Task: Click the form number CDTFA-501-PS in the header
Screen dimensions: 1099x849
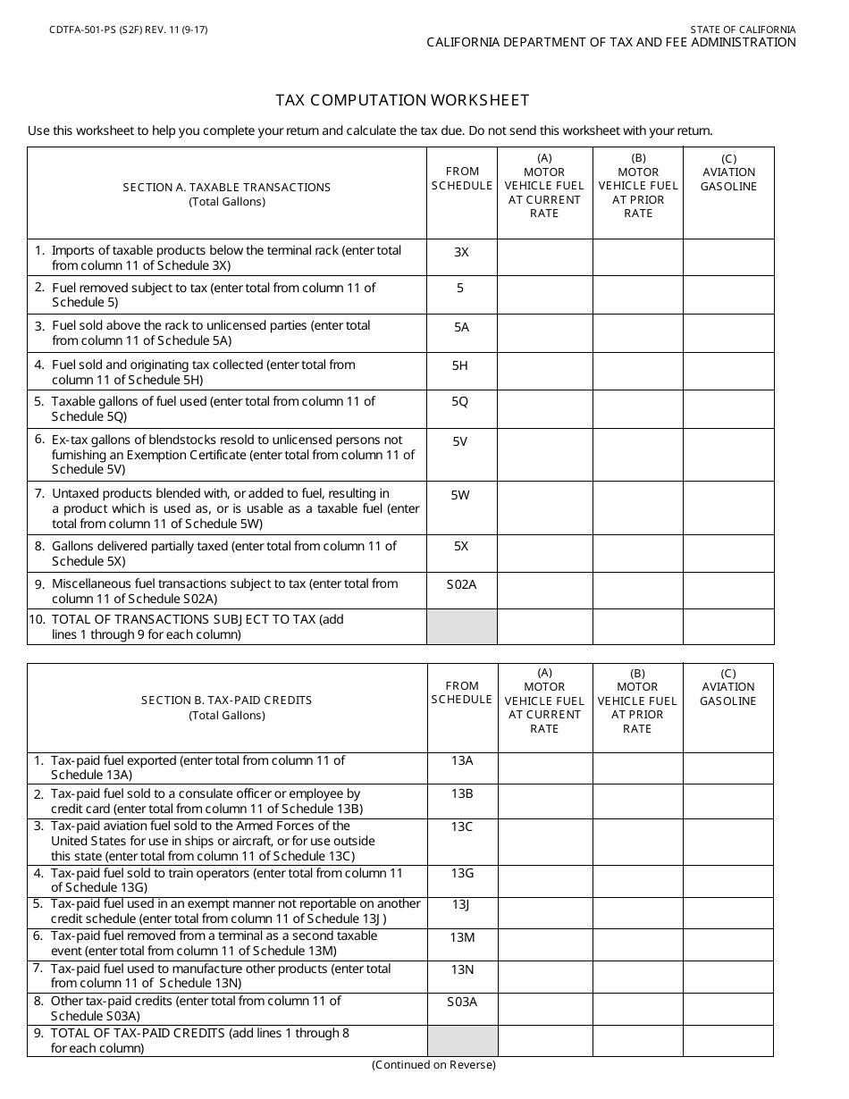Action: point(89,29)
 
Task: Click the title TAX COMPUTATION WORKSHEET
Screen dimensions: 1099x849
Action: point(402,100)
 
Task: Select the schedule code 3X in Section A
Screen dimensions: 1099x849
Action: point(461,253)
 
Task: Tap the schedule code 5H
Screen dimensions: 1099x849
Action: point(460,365)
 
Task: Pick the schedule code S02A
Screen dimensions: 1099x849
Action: point(461,584)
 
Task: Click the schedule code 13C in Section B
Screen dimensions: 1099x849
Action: point(461,827)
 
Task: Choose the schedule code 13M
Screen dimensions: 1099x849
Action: point(461,936)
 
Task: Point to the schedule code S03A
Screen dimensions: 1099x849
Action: point(461,1002)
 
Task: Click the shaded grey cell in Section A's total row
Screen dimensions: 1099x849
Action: point(461,626)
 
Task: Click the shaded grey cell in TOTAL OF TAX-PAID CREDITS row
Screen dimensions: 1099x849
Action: point(462,1040)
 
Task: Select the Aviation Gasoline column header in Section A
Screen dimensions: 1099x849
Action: point(728,179)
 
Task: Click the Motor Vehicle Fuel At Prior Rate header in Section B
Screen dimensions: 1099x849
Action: point(637,701)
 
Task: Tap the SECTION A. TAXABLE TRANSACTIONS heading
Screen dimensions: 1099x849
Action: point(227,188)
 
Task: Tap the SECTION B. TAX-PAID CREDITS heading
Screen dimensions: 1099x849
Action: point(227,701)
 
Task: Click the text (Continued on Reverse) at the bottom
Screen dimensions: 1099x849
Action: point(433,1064)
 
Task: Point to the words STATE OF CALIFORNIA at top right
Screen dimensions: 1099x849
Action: point(743,29)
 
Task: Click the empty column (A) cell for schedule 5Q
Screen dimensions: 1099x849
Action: point(544,410)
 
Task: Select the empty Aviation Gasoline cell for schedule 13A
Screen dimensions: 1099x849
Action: point(728,768)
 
